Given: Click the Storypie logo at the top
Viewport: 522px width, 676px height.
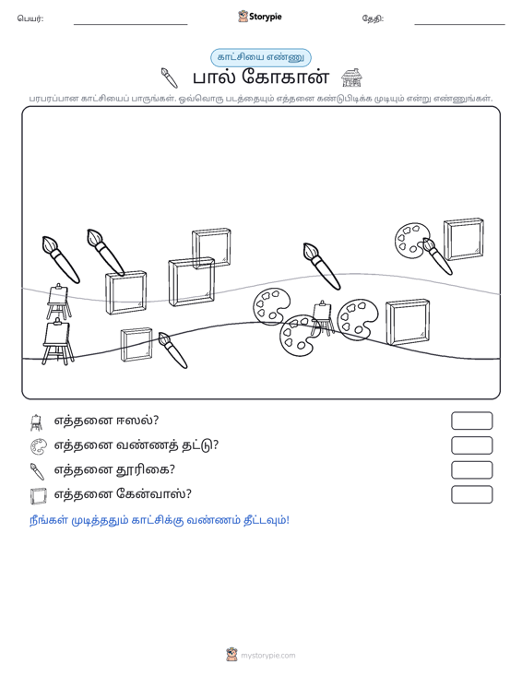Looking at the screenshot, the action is click(x=260, y=17).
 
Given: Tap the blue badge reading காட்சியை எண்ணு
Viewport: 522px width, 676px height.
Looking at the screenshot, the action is click(x=261, y=57).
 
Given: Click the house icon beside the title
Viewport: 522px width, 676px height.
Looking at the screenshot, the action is click(x=351, y=77).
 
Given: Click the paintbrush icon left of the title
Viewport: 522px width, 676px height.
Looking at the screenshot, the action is click(x=170, y=77).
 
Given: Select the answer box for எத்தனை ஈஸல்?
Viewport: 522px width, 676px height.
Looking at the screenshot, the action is click(x=471, y=421).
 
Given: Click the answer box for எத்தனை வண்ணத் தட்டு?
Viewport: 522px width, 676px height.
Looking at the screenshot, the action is click(x=471, y=445).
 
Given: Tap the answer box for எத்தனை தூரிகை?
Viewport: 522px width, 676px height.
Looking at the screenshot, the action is click(x=471, y=470).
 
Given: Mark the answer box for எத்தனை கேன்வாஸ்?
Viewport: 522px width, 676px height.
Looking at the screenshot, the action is click(x=471, y=494).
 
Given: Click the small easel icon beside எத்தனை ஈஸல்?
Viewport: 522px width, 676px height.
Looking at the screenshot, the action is click(x=37, y=422).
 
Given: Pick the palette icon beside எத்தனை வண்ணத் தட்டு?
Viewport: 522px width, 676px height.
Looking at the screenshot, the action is click(x=38, y=446).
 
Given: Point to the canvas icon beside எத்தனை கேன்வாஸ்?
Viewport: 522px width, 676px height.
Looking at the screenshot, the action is click(x=38, y=496).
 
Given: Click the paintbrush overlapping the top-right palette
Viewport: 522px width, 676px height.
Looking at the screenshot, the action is click(x=437, y=256).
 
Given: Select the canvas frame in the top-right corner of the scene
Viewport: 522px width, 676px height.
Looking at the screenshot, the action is click(x=464, y=239).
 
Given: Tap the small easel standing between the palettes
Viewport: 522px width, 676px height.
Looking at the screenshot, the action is click(x=323, y=318).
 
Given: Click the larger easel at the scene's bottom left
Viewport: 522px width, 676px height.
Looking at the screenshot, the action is click(x=57, y=342).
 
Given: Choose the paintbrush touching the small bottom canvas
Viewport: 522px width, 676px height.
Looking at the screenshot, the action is click(x=172, y=350).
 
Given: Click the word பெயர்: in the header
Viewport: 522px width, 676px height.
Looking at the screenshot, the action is click(x=30, y=18).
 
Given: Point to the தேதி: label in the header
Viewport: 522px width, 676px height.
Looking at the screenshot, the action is click(x=373, y=18).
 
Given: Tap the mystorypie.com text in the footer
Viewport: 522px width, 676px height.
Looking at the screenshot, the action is click(x=268, y=656).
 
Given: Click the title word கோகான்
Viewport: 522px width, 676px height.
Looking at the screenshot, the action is click(x=285, y=77).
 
